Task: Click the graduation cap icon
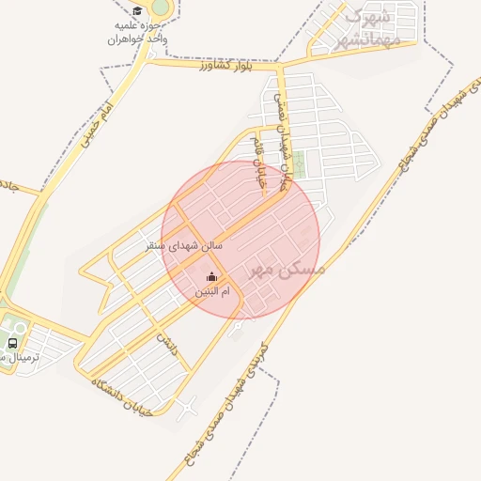[x=137, y=11]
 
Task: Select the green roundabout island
[x=161, y=8]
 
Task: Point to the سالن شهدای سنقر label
[x=185, y=245]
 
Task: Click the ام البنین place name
[x=211, y=292]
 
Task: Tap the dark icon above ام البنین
[x=211, y=276]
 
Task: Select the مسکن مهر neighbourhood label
[x=287, y=269]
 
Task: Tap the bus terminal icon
[x=12, y=345]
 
